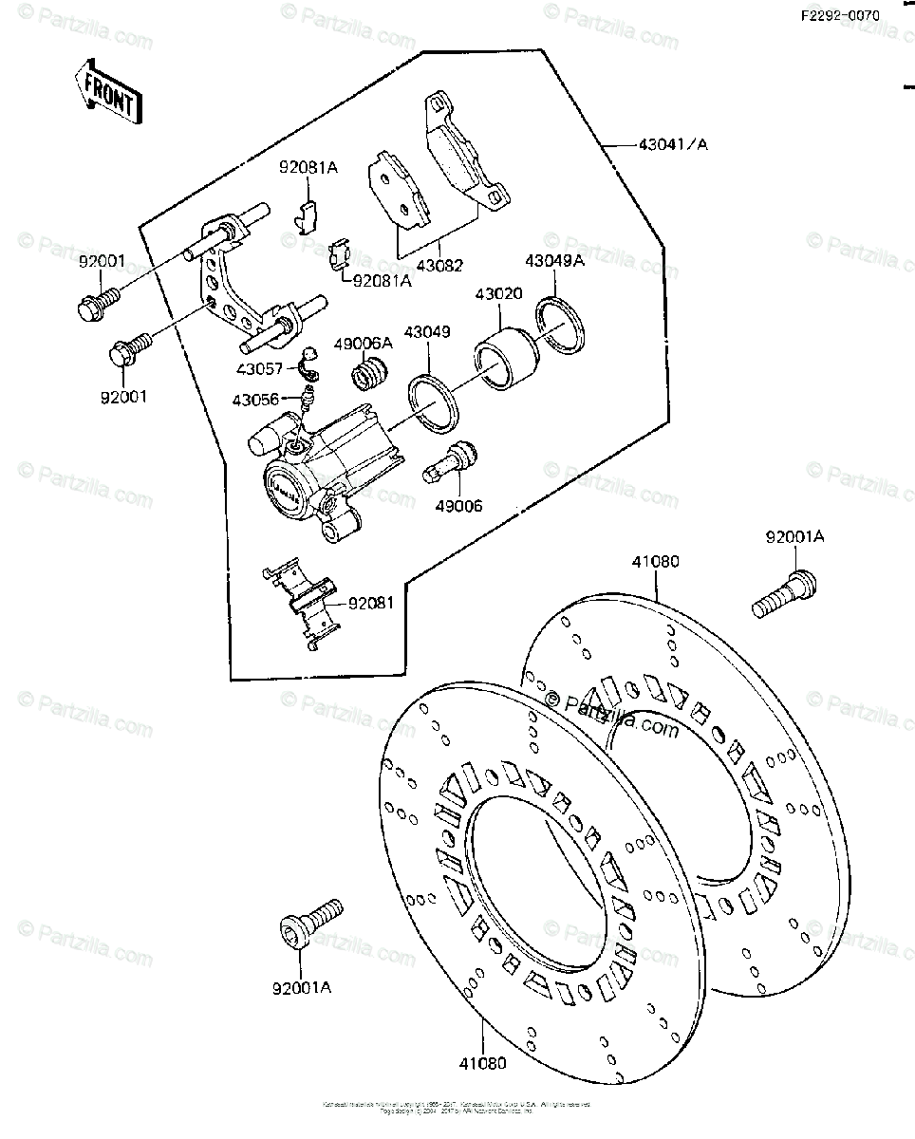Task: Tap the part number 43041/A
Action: pos(673,144)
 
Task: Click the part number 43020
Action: pos(498,295)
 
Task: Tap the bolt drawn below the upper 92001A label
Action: pos(785,591)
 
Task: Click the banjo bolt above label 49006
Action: pos(451,463)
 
